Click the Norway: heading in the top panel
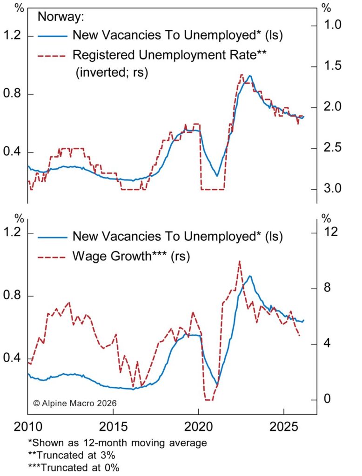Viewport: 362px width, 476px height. coord(60,18)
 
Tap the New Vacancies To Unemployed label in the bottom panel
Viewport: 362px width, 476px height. coord(178,236)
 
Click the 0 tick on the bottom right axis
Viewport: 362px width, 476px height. coord(326,400)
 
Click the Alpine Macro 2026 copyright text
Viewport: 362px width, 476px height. coord(74,403)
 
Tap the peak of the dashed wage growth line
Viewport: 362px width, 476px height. coord(239,261)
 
